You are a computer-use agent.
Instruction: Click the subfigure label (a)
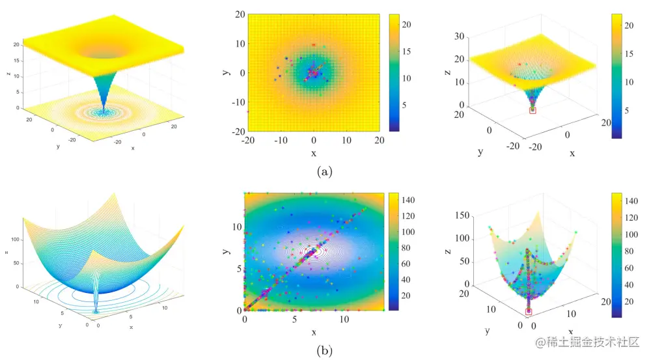point(325,172)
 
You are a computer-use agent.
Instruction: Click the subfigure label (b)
point(325,351)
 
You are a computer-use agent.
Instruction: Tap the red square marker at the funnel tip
point(533,111)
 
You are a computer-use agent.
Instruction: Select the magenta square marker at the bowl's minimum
point(528,312)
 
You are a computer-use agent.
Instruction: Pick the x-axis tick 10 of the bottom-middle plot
point(345,320)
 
